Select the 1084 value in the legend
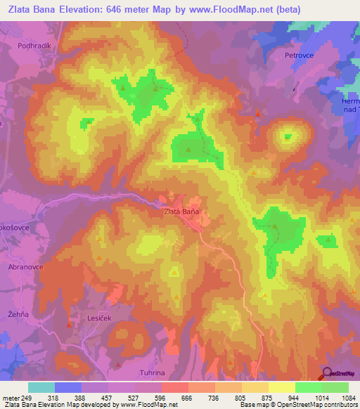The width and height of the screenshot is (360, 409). (x=348, y=398)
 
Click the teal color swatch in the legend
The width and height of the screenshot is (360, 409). (x=41, y=387)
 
